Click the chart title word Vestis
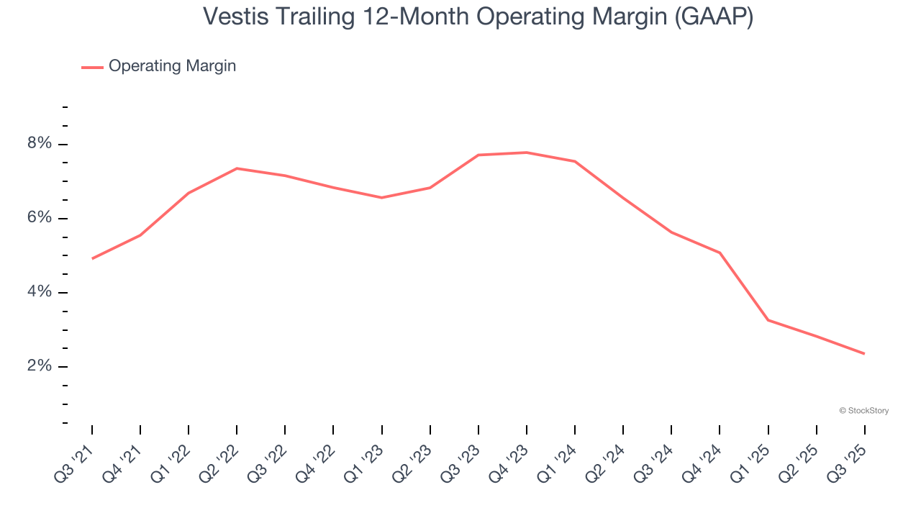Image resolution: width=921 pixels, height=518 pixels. coord(235,16)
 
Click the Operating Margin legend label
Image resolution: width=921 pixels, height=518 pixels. coord(172,66)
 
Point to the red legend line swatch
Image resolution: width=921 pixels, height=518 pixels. coord(92,67)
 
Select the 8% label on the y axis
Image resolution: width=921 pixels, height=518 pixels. coord(40,144)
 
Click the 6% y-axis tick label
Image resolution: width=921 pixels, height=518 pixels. coord(40,218)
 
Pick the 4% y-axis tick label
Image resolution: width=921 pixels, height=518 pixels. coord(40,292)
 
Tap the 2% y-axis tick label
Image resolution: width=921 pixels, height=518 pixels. coord(40,366)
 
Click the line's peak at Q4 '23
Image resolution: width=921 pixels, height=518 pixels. coord(527,153)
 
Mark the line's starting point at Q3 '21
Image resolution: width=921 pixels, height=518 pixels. coord(92,258)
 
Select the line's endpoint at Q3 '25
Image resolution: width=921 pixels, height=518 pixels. coord(864,353)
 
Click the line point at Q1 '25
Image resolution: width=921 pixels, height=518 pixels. coord(768,320)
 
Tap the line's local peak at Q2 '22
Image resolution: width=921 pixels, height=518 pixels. coord(237,168)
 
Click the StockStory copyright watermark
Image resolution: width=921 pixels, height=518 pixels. coord(863,411)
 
